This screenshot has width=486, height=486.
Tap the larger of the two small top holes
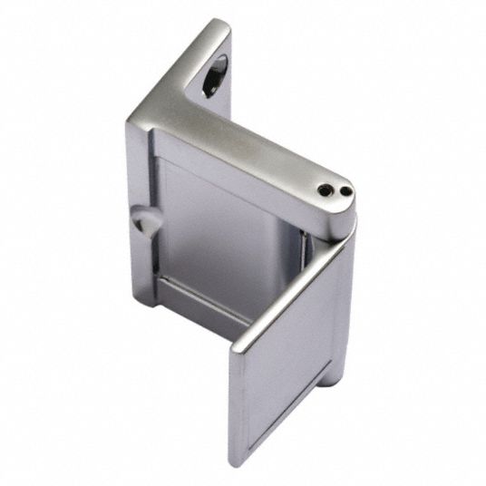click(326, 188)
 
